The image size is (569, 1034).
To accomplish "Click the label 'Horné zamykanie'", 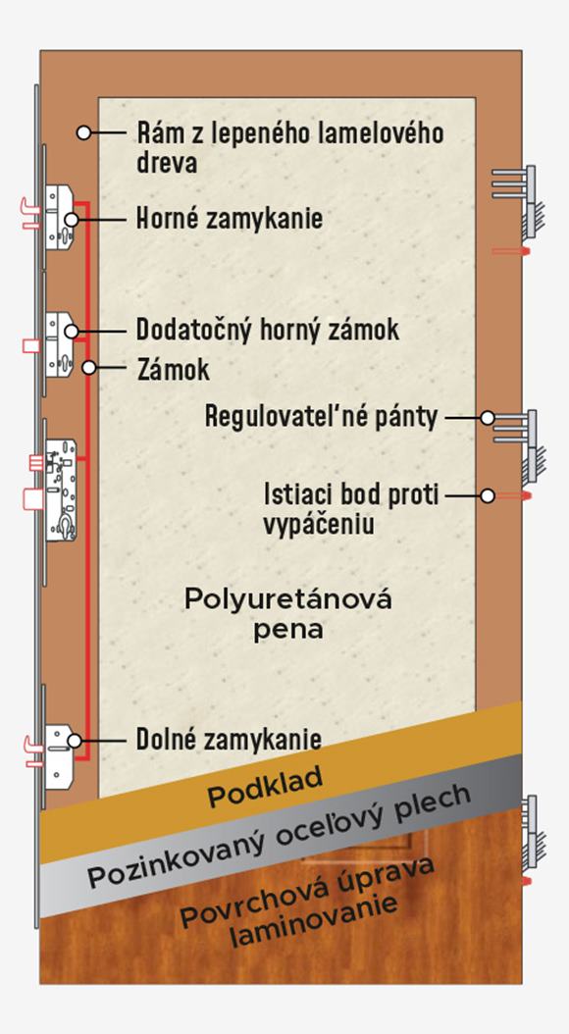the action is (230, 218).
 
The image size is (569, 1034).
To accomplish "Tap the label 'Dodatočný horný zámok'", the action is (268, 330).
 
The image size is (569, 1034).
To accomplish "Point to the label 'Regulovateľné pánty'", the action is (321, 417).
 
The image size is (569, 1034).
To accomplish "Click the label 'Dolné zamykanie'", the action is (229, 740).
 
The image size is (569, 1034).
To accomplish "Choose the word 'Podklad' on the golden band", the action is (265, 787).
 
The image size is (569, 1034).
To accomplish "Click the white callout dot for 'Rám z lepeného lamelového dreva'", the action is (83, 132).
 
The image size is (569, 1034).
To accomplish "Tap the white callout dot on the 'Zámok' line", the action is (89, 367).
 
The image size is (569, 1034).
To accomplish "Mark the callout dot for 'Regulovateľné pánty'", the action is (488, 417).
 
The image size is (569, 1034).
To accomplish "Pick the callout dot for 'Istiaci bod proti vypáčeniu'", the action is (488, 495).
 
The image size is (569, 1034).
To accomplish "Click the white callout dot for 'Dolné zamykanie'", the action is (75, 741).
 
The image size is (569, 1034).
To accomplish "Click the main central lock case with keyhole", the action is (61, 490).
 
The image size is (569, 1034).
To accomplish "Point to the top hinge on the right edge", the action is (519, 201).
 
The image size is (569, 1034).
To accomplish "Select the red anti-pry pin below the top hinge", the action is (511, 251).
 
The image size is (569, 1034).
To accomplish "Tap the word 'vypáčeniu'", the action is (319, 525).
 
